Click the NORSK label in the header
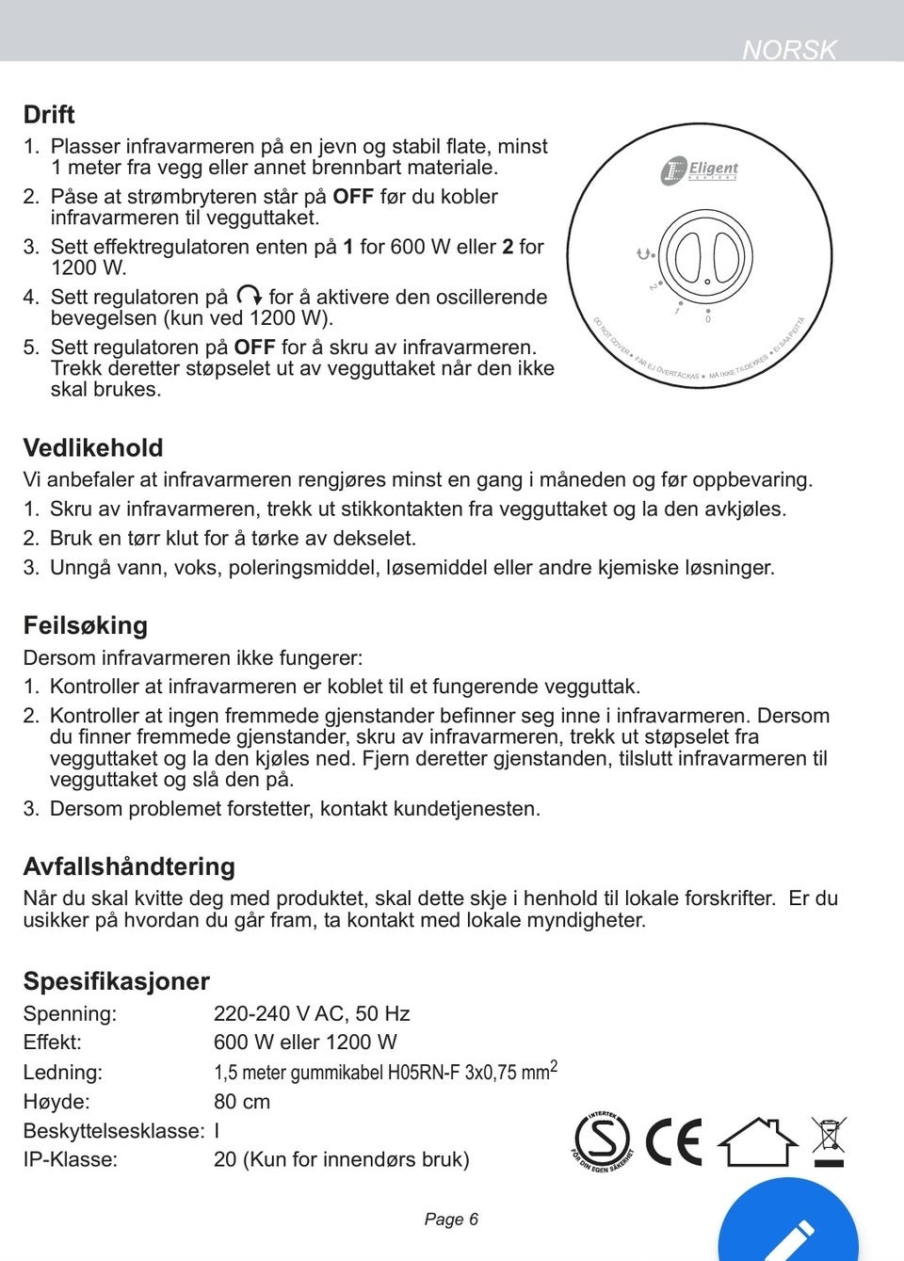[x=789, y=49]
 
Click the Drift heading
[x=49, y=115]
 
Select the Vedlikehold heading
[x=93, y=448]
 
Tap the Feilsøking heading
[x=86, y=626]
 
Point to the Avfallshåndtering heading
[x=129, y=867]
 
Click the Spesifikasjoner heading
[x=117, y=981]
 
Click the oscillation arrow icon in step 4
[x=249, y=296]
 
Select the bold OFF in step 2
[x=353, y=197]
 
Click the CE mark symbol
[x=673, y=1142]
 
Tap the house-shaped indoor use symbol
[x=757, y=1142]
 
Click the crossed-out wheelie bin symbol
[x=829, y=1140]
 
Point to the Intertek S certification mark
[x=603, y=1141]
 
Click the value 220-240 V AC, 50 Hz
[x=312, y=1014]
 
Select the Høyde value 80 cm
[x=242, y=1102]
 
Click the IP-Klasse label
[x=71, y=1160]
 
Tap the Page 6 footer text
[x=451, y=1220]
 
